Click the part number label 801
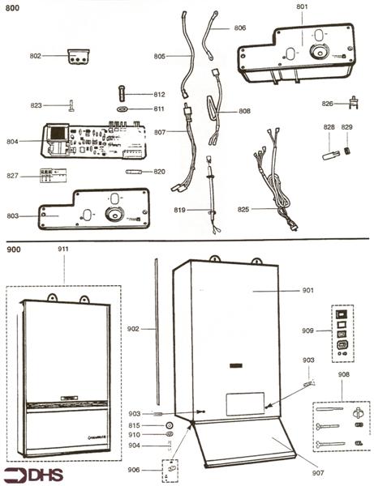coord(302,6)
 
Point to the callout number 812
coord(159,95)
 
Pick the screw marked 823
coord(71,104)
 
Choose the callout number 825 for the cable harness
coord(244,209)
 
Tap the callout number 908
coord(343,374)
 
